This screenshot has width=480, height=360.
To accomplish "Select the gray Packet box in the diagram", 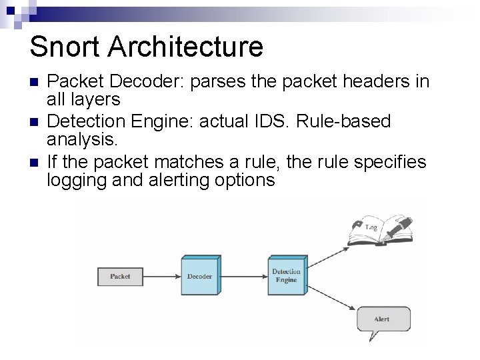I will [120, 276].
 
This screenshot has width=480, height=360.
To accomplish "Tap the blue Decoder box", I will [199, 276].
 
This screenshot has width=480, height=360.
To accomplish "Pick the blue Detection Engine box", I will [287, 276].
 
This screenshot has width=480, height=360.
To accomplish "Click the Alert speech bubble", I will [383, 319].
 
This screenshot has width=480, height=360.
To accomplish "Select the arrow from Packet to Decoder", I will [162, 276].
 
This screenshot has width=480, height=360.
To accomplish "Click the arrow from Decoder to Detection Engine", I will [243, 276].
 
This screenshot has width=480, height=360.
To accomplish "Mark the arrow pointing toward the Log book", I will [327, 258].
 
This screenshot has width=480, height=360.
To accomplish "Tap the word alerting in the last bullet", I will [174, 180].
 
